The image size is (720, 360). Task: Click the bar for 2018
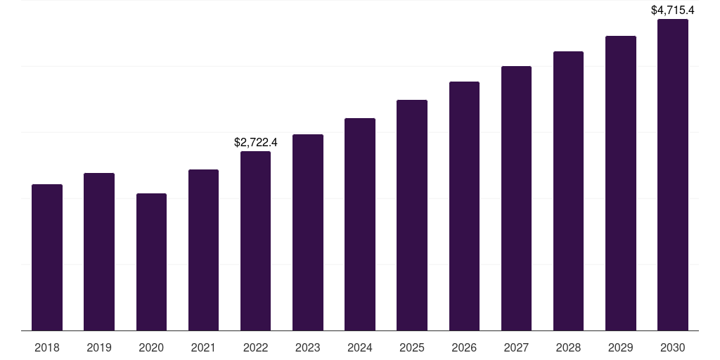coord(47,257)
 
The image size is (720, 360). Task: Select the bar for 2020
coord(151,262)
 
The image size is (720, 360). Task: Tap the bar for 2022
coord(255,240)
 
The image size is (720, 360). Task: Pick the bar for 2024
coord(360,224)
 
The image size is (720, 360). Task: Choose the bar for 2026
coord(464,206)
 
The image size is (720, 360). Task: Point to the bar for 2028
coord(568,191)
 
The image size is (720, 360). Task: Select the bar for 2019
coord(99,252)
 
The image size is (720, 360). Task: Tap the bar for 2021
coord(203,250)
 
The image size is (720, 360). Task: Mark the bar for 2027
coord(516,198)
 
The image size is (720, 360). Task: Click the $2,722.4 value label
coord(256,142)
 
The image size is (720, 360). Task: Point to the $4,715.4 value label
coord(673,10)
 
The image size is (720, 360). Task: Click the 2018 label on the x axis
coord(47,347)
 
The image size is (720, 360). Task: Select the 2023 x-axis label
coord(308,347)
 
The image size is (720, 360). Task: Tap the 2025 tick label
coord(412,347)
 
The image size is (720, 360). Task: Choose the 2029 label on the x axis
coord(620,347)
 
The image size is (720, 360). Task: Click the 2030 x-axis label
coord(673,347)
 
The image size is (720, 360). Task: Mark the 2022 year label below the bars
coord(255,347)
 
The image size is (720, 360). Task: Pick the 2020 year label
coord(151,347)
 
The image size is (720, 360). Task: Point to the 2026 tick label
coord(464,347)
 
